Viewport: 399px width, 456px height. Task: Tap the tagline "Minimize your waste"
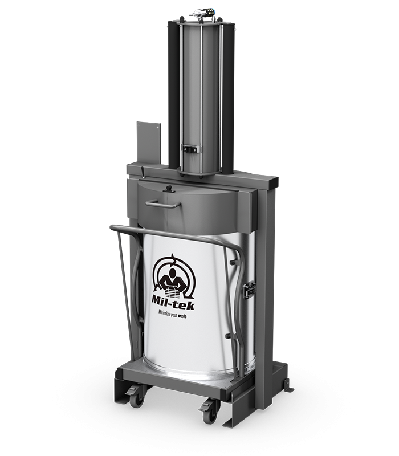(172, 314)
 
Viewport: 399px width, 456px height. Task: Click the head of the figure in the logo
(173, 274)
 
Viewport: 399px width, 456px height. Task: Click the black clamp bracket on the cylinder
(190, 150)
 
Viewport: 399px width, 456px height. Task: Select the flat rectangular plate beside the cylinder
(149, 143)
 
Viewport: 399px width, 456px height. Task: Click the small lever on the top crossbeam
(142, 172)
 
